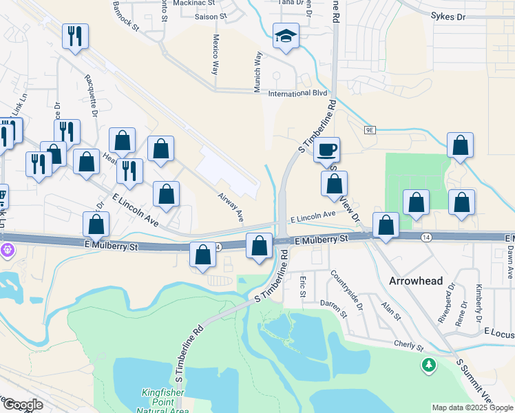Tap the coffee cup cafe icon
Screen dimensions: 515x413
coord(327,149)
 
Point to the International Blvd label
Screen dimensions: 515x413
coord(297,93)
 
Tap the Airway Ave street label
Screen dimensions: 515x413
coord(231,207)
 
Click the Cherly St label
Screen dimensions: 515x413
coord(408,345)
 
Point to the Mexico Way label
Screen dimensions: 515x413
coord(215,54)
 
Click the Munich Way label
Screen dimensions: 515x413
coord(259,67)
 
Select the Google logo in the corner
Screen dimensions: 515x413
coord(22,405)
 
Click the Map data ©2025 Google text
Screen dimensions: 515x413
coord(472,407)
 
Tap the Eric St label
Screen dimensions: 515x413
coord(303,287)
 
